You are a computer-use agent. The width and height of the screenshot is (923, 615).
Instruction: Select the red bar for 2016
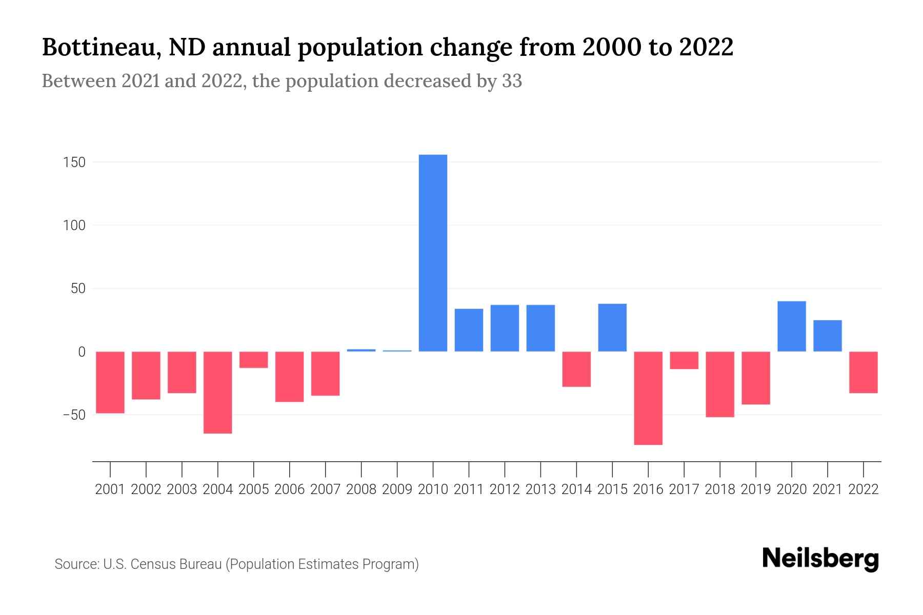[x=648, y=398]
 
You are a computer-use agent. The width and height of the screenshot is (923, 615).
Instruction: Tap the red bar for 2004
[x=218, y=392]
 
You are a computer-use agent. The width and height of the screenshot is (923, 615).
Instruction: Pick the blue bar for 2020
[x=792, y=326]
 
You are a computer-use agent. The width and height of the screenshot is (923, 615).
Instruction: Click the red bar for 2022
[x=864, y=372]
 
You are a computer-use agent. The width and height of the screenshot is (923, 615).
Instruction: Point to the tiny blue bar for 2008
[x=362, y=350]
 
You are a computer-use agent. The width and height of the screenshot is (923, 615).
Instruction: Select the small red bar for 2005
[x=254, y=360]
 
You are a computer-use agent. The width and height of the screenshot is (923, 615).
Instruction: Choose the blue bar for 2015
[x=612, y=327]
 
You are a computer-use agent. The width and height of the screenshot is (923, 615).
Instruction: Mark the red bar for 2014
[x=576, y=369]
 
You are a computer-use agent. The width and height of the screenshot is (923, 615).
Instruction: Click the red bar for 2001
[x=110, y=382]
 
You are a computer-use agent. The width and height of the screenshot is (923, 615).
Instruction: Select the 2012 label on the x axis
[x=505, y=489]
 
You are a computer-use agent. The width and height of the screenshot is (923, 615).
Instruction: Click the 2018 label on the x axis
[x=720, y=489]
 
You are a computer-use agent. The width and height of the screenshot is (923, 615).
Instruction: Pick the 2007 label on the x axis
[x=326, y=489]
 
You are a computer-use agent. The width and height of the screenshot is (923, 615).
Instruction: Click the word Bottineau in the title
[x=98, y=47]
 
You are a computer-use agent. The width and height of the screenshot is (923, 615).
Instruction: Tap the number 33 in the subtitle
[x=512, y=81]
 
